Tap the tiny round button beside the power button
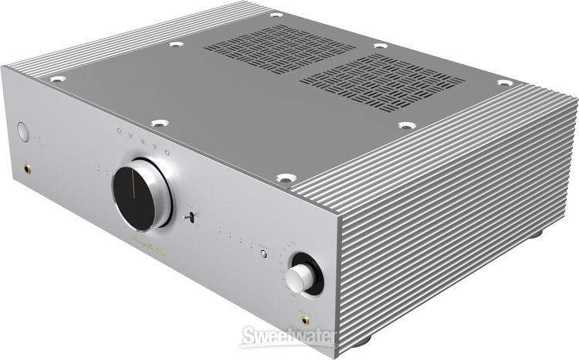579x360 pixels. (x=40, y=140)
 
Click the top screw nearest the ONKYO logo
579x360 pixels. (x=159, y=122)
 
